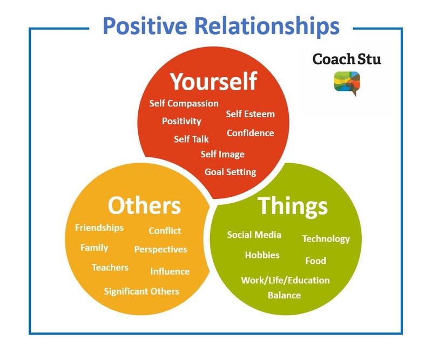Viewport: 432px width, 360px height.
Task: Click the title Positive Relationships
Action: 221,26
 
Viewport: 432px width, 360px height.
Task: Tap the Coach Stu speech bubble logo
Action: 347,83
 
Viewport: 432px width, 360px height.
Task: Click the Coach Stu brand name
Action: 347,59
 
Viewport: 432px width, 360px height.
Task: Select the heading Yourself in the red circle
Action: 213,81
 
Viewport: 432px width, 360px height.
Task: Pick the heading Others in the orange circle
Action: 144,205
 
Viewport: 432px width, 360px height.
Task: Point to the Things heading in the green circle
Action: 293,206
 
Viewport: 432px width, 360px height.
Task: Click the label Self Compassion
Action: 184,103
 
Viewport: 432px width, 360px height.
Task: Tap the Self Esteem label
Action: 250,114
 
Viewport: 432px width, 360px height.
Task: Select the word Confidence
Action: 250,133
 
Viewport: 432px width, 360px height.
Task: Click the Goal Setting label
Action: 230,172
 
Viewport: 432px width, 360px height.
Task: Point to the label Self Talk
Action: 191,139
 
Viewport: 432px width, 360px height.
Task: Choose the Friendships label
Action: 99,228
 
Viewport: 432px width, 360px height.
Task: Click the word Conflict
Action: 165,231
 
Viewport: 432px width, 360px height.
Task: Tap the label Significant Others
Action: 141,291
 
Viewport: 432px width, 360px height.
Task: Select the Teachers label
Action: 110,268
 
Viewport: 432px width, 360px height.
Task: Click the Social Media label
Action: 254,235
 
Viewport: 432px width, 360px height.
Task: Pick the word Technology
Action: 326,239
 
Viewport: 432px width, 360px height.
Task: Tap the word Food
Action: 315,261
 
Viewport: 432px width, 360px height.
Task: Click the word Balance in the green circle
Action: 284,296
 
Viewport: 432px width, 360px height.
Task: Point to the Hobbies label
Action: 262,255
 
